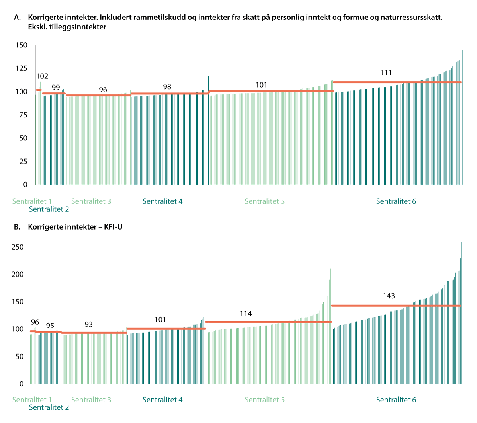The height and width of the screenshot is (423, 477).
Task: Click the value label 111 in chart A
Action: pos(386,72)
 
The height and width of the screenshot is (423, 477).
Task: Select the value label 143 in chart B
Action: pos(389,296)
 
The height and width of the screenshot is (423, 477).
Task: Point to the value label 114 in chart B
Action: pos(246,314)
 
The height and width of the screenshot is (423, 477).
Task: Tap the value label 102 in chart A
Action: pos(42,76)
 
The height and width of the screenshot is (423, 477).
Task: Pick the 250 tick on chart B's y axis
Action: pos(18,247)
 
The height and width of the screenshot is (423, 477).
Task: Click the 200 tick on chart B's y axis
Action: pos(18,275)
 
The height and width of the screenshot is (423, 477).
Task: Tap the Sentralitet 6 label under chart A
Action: pos(396,201)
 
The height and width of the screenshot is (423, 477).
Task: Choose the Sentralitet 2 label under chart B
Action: pos(49,407)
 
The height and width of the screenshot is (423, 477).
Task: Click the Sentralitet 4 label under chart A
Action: pos(162,201)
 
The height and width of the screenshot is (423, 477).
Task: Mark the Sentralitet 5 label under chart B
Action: pos(264,400)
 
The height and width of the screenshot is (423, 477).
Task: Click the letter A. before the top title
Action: pos(17,18)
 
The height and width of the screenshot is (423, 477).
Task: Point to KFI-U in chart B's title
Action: pos(113,227)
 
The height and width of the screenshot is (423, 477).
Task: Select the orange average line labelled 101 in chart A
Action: pos(271,91)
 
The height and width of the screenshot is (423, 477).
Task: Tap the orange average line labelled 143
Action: pos(396,306)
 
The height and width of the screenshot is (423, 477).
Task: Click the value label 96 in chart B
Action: pos(35,322)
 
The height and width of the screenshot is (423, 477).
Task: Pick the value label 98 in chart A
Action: pos(167,87)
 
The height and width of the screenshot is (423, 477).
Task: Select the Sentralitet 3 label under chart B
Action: pos(91,400)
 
